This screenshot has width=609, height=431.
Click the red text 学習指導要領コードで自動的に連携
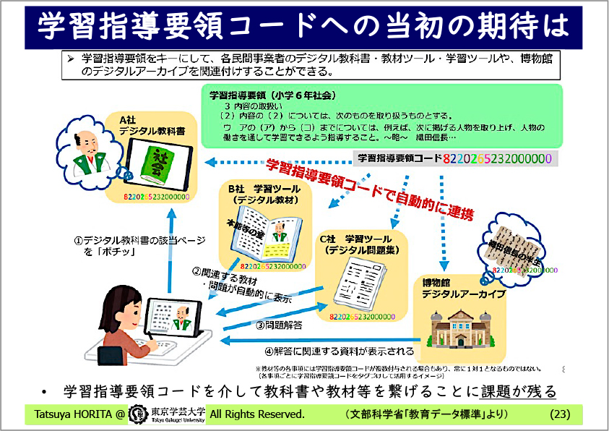(x=369, y=190)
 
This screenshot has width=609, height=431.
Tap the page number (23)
(x=561, y=414)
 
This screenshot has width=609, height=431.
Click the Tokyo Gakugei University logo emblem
(x=134, y=415)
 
